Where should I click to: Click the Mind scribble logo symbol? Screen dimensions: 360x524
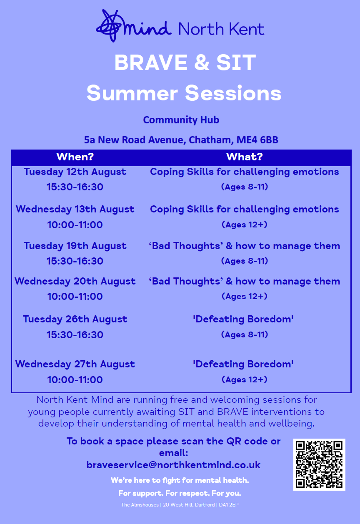click(110, 26)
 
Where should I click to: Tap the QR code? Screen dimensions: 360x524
click(319, 464)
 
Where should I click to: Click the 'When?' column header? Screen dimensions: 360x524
click(75, 157)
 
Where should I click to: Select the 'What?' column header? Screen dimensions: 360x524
click(244, 157)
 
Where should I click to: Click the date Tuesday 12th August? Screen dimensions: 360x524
click(75, 172)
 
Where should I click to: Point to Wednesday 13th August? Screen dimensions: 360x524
click(75, 209)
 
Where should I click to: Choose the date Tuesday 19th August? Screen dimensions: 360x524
click(75, 246)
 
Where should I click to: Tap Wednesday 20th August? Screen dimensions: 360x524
click(75, 281)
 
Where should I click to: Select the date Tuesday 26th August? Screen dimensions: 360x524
click(75, 319)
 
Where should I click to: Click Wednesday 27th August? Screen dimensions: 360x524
click(75, 364)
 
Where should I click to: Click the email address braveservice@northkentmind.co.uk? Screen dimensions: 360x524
click(173, 465)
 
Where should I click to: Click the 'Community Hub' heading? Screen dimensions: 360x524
click(181, 120)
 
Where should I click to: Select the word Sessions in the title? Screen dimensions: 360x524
click(233, 93)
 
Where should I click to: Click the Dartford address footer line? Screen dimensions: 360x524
click(180, 505)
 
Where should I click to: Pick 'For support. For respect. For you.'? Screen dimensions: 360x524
click(180, 493)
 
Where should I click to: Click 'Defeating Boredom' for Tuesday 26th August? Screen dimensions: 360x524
click(243, 319)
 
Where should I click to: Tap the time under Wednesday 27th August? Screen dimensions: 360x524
click(75, 379)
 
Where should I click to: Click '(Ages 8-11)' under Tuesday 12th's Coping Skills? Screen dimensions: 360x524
click(244, 187)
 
